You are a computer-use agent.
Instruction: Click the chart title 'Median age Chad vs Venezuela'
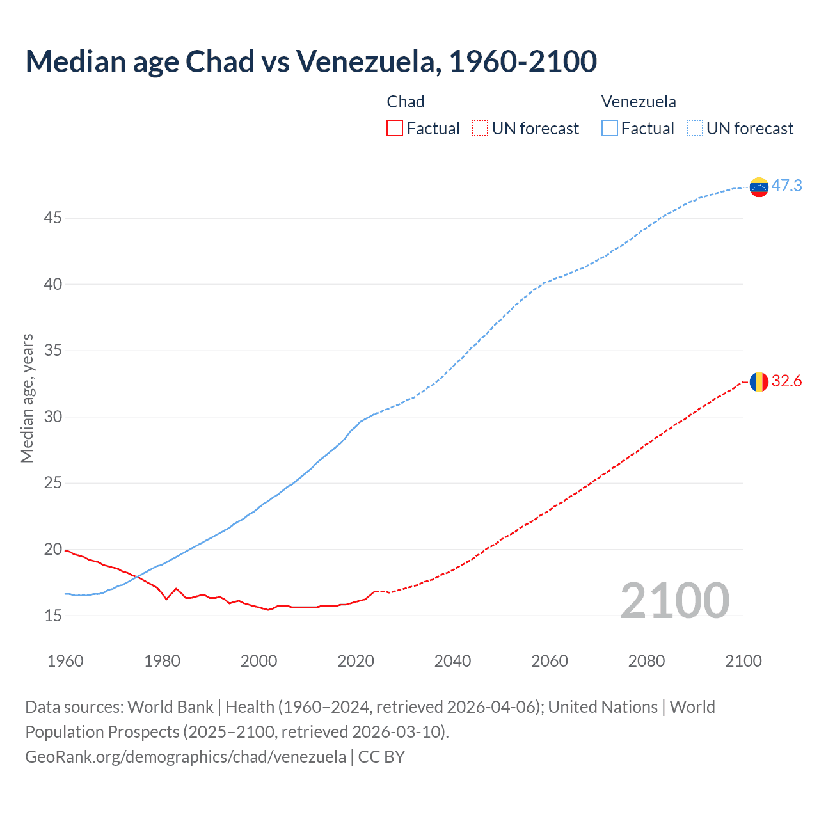pos(311,62)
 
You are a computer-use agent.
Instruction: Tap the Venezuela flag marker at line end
pos(759,187)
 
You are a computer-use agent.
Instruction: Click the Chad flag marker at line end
pos(759,382)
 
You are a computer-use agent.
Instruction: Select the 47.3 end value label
pos(786,186)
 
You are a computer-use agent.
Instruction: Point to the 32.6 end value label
pos(786,381)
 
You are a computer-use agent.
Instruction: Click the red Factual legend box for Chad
pos(395,129)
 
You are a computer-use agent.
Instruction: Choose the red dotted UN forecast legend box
pos(480,129)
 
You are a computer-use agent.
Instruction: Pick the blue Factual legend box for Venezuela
pos(610,129)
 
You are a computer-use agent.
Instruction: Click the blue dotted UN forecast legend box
pos(695,129)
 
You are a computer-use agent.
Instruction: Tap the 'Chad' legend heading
pos(406,102)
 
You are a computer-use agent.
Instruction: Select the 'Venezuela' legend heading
pos(639,102)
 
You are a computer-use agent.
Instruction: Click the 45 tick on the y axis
pos(52,218)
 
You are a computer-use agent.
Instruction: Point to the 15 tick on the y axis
pos(52,616)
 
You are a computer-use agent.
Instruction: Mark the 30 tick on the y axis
pos(52,417)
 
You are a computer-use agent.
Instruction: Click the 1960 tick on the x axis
pos(65,661)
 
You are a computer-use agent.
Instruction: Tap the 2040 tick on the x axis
pos(452,661)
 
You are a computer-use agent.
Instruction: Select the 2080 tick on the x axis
pos(646,661)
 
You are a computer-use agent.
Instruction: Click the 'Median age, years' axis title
pos(27,398)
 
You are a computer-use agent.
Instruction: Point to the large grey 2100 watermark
pos(674,601)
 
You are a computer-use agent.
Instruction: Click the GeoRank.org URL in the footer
pos(186,757)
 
